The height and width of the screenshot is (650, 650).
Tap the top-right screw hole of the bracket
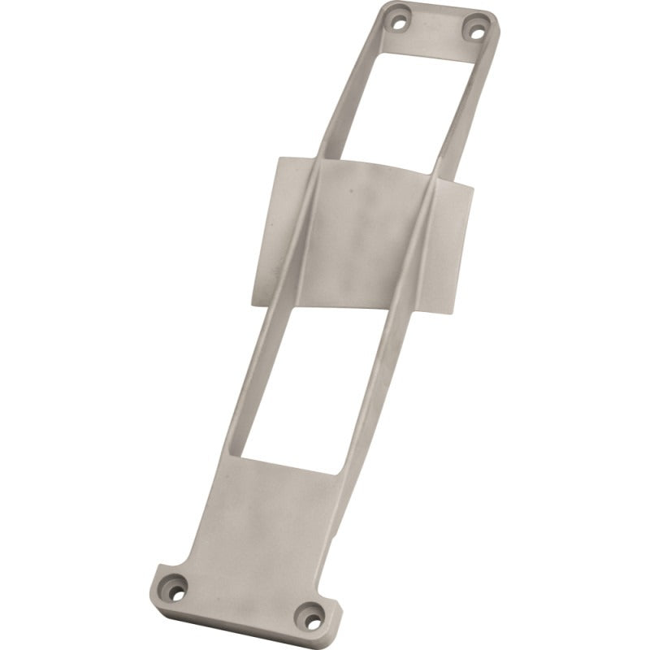[475, 31]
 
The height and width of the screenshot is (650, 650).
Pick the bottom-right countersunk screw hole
[309, 614]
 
